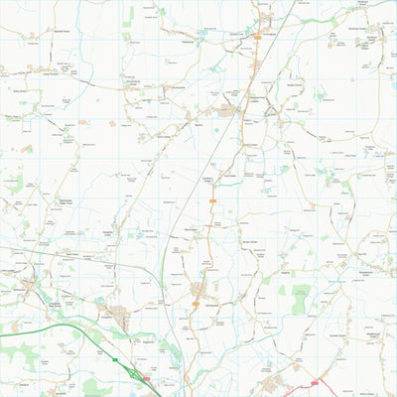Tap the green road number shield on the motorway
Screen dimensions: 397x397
[x=115, y=358]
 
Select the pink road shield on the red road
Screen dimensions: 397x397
[x=315, y=382]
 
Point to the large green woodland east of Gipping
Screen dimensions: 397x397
[x=299, y=299]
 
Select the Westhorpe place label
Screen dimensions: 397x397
[x=188, y=41]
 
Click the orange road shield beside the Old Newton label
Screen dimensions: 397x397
[x=196, y=304]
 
